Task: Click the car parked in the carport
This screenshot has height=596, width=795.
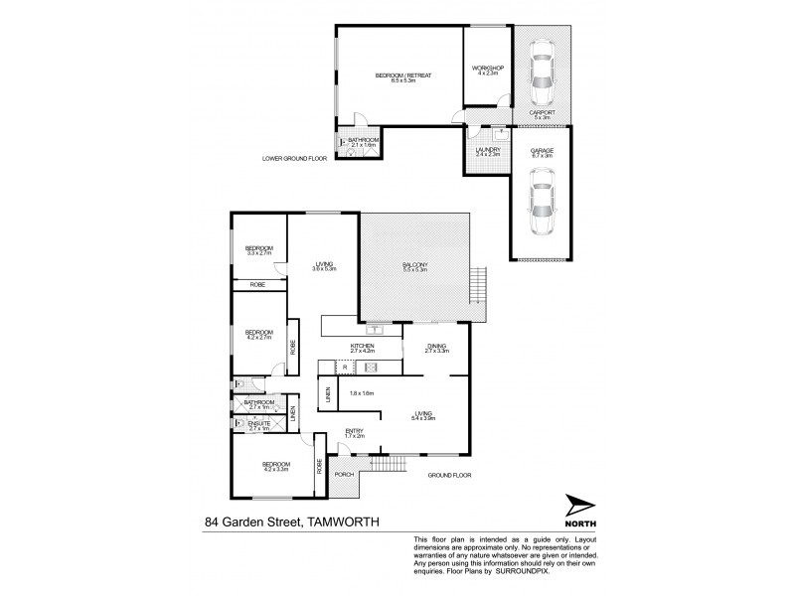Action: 542,74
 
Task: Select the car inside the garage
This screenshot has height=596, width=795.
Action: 542,203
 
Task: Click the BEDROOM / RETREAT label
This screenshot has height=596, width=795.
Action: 402,75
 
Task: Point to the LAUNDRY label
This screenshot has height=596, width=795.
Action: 487,150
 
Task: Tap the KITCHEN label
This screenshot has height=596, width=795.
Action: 361,346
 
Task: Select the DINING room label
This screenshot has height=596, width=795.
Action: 437,346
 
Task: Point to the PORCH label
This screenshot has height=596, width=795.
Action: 345,474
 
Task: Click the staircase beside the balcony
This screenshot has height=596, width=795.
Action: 479,287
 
